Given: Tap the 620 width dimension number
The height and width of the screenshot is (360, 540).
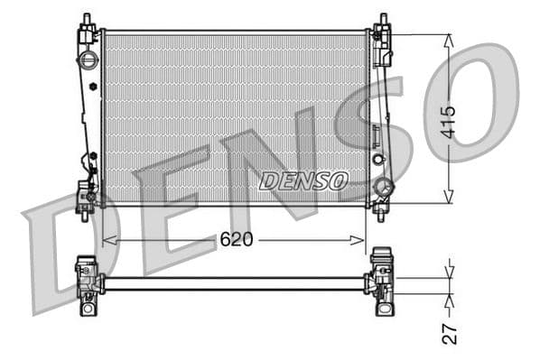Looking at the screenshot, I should point(237,239).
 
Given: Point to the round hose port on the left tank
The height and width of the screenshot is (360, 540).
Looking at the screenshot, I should point(88,60).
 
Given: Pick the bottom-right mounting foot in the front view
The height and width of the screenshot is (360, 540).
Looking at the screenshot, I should point(380,209).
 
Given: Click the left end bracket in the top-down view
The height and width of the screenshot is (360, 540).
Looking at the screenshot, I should point(88,283).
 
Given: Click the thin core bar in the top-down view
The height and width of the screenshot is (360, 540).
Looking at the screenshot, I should point(235,283).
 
